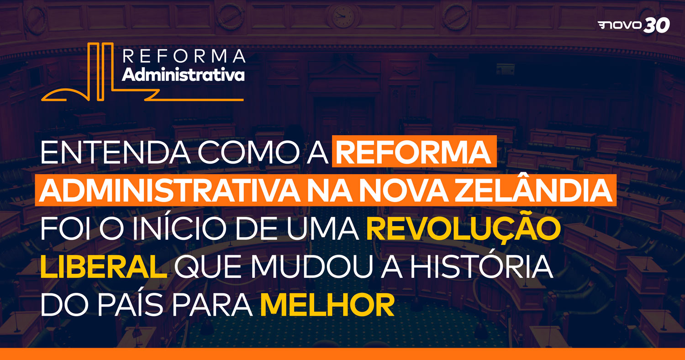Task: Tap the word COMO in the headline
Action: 248,152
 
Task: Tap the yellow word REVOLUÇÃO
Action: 464,228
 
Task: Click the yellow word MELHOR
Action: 327,305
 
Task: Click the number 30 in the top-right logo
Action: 656,25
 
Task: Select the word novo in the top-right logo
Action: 619,26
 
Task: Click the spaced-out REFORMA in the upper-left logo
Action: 184,56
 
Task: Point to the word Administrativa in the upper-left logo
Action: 183,74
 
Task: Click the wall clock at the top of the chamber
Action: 343,16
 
